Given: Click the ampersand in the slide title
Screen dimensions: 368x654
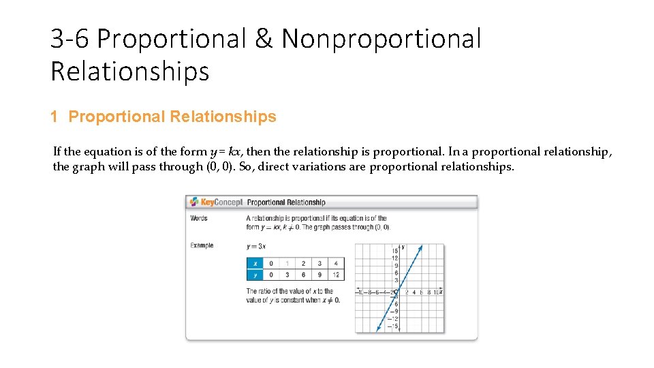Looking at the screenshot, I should click(264, 39).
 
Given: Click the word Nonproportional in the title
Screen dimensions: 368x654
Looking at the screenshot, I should click(381, 39).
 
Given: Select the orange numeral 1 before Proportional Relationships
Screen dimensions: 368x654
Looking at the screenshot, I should click(54, 117).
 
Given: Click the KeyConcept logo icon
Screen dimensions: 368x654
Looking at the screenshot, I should click(194, 202).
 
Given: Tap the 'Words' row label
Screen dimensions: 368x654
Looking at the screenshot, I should click(199, 218).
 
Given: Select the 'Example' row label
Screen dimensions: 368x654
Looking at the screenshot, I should click(202, 245).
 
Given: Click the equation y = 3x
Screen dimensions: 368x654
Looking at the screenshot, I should click(256, 246).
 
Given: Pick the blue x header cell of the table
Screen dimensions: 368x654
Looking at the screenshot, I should click(255, 264).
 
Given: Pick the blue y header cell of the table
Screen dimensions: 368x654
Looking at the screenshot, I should click(255, 275).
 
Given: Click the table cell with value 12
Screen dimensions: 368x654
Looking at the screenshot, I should click(335, 275).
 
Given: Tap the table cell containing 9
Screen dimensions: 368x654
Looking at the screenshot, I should click(320, 275).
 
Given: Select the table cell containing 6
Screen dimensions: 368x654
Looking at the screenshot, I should click(303, 275).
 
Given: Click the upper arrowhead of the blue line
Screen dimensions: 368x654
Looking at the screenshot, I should click(421, 247).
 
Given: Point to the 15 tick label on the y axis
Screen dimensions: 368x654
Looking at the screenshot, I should click(394, 251).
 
